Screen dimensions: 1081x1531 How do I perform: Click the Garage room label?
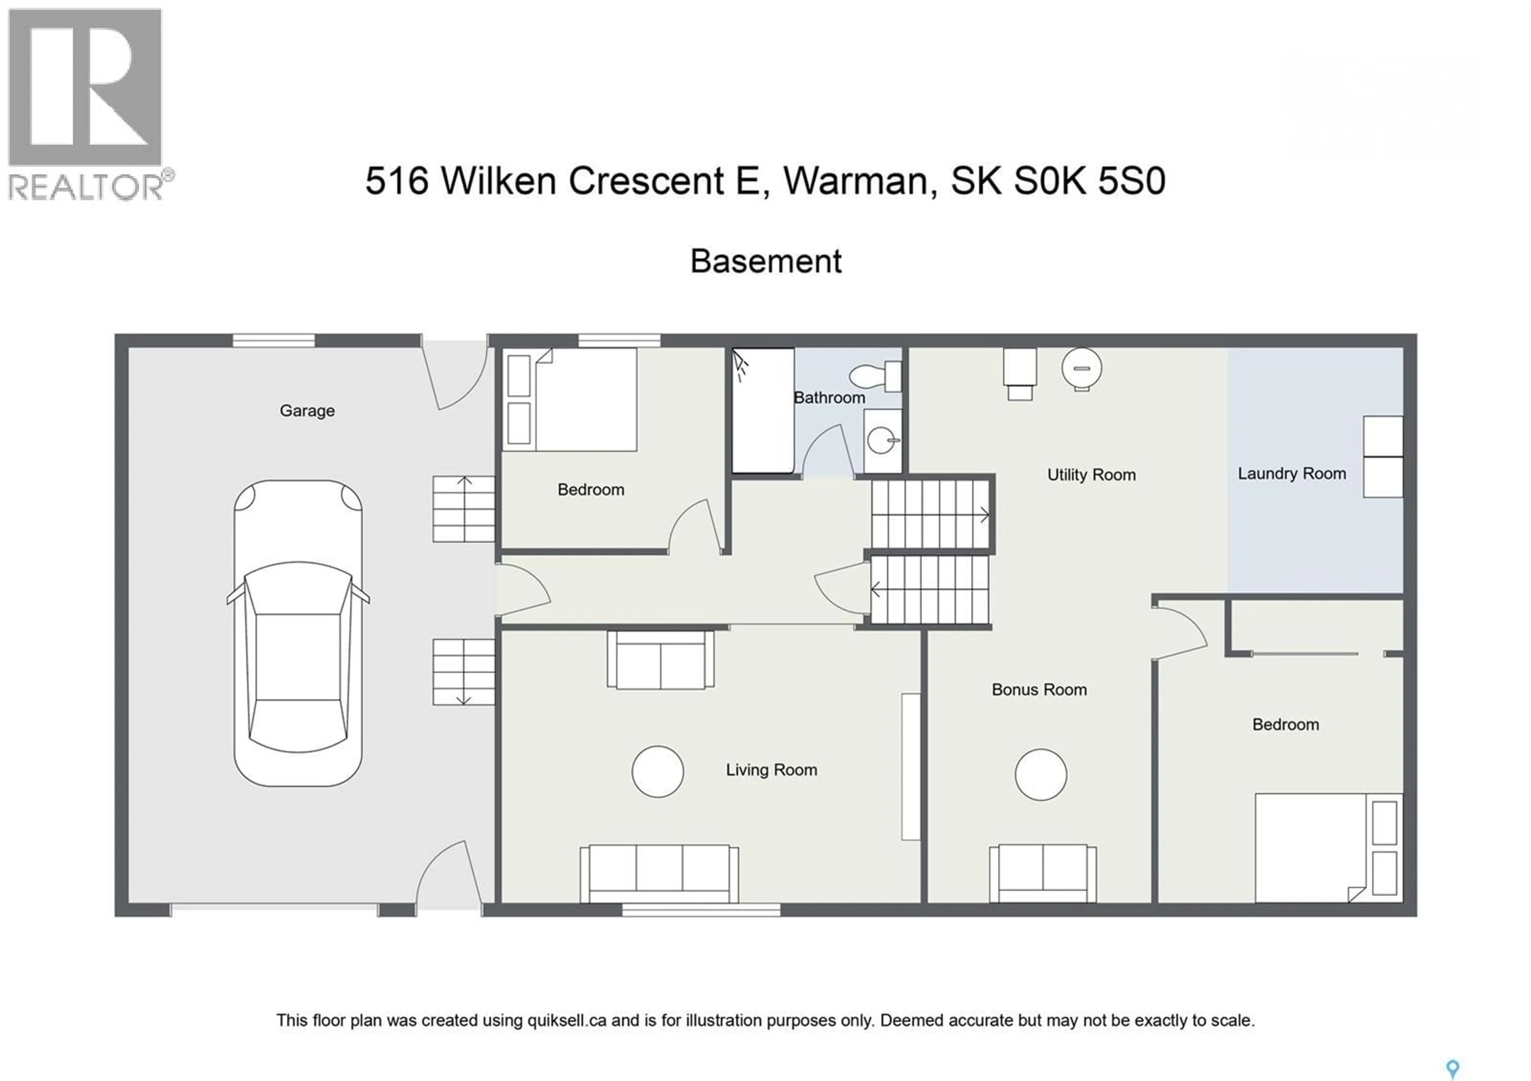click(307, 411)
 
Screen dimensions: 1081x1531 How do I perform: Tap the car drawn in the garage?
click(298, 633)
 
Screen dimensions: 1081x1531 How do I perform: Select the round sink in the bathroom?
click(882, 440)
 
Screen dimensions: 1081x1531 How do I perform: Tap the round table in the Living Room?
click(657, 771)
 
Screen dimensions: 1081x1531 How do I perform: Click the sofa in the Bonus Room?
click(1042, 873)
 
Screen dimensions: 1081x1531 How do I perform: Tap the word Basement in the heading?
click(765, 261)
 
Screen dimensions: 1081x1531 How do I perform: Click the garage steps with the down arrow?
click(463, 672)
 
